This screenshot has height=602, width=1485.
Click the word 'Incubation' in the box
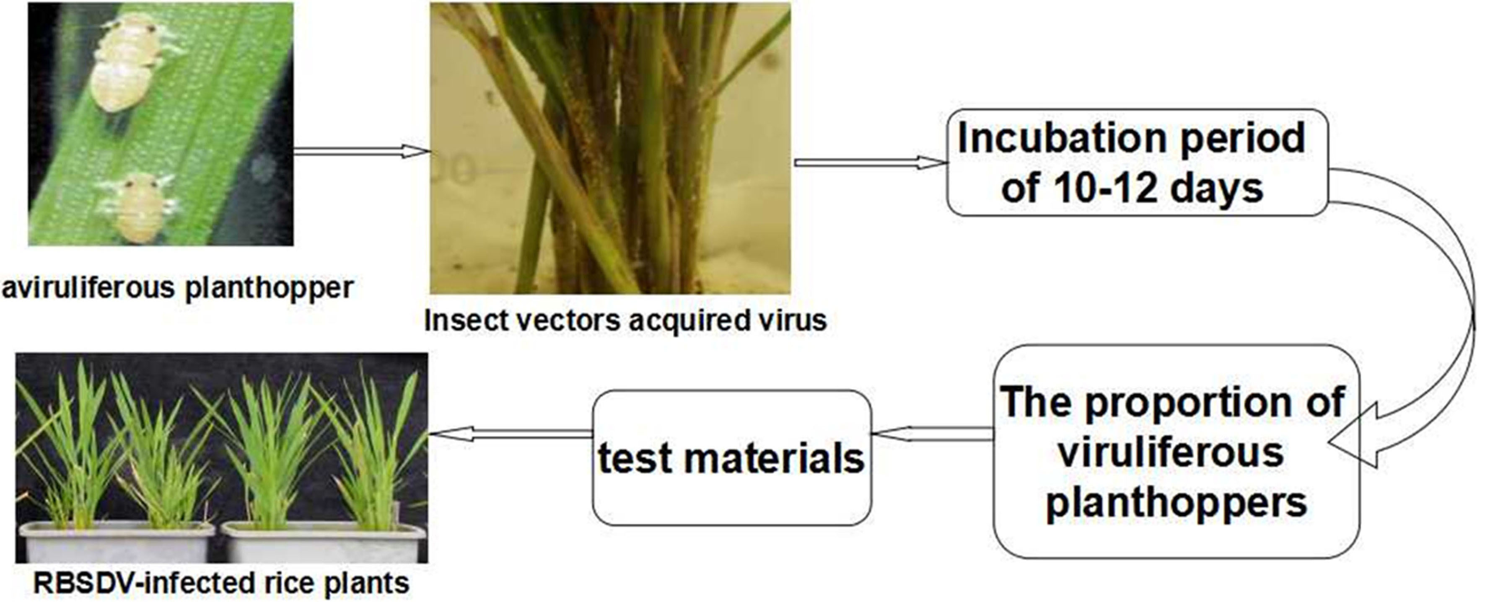(x=1061, y=138)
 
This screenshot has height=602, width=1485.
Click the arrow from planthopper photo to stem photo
(x=362, y=152)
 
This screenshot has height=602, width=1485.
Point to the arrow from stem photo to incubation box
(x=871, y=163)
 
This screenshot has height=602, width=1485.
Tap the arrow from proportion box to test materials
(x=933, y=434)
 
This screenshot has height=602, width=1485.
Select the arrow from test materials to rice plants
(x=511, y=433)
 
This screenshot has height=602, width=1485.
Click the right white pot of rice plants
(x=324, y=542)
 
